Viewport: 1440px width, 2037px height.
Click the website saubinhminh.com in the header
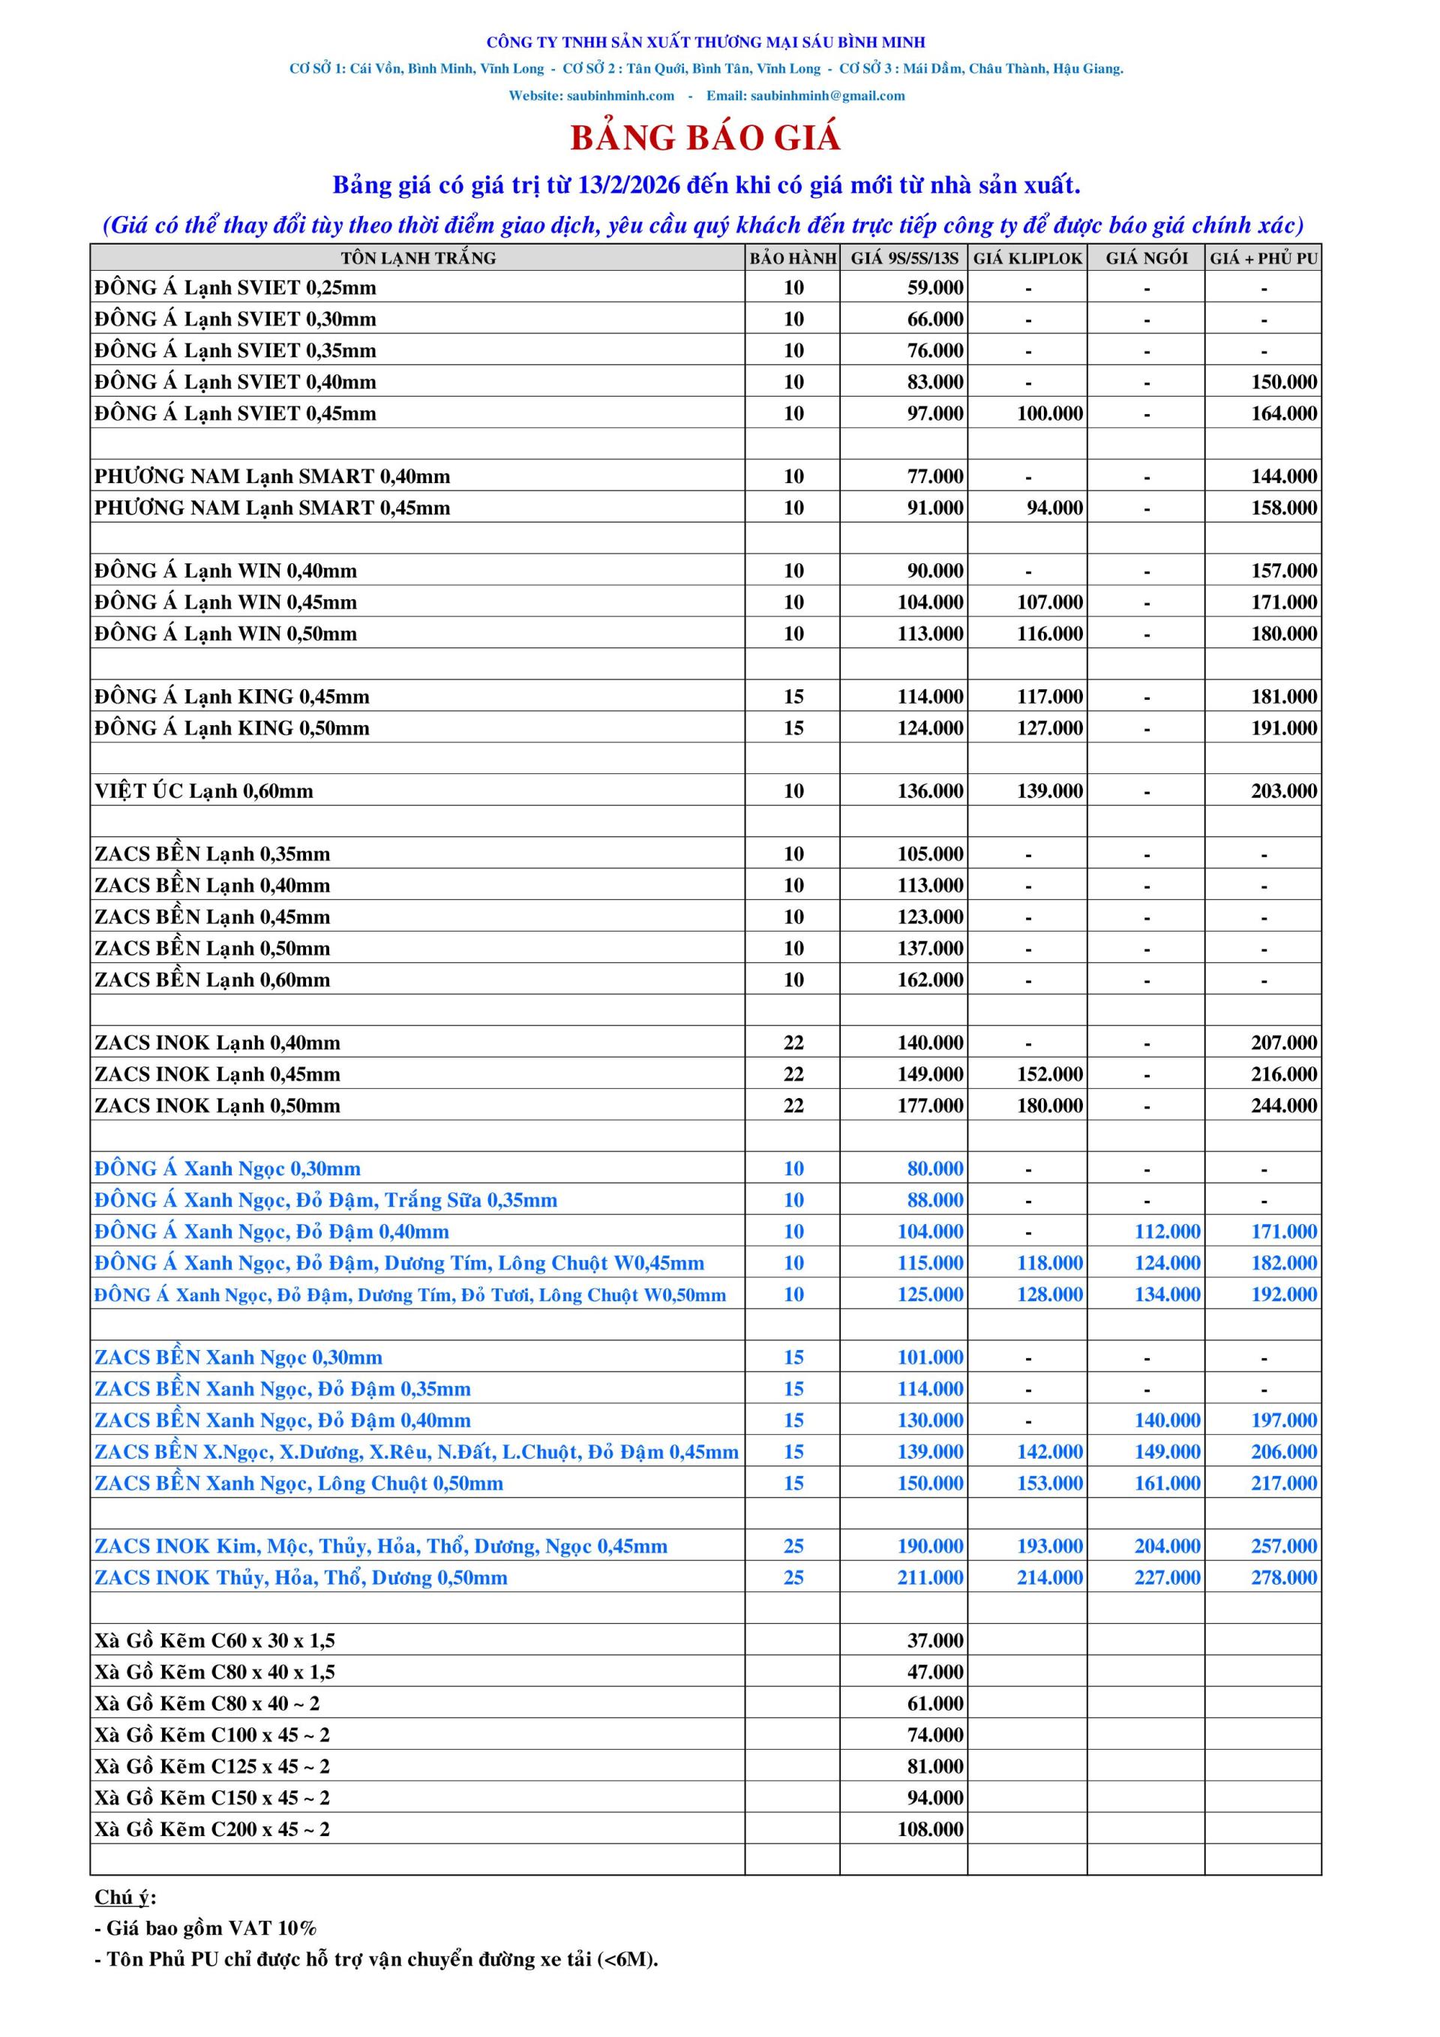[x=620, y=96]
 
